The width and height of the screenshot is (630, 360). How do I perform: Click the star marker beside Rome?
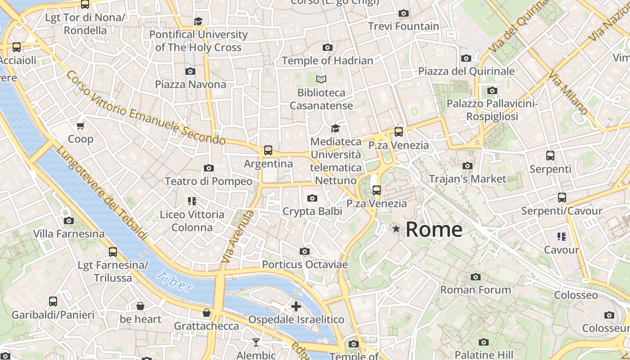tap(396, 229)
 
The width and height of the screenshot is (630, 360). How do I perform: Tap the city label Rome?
tap(434, 229)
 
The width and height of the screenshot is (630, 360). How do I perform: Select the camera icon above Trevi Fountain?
tap(404, 13)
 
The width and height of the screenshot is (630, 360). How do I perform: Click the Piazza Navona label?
tap(190, 84)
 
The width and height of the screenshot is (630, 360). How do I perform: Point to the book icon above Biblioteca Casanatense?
tap(321, 80)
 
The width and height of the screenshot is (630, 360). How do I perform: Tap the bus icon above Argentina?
tap(268, 150)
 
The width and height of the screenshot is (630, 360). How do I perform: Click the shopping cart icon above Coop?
tap(81, 126)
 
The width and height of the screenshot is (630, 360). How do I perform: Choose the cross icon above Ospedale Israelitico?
tap(296, 306)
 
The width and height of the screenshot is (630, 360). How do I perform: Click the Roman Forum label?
tap(476, 290)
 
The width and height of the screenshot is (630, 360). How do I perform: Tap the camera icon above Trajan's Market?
tap(468, 166)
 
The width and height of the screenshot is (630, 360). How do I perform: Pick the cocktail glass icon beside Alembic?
tap(256, 342)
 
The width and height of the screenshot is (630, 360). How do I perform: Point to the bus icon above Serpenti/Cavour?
tap(562, 197)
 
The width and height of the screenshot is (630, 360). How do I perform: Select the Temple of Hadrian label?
tap(328, 60)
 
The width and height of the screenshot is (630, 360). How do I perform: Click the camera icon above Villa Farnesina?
tap(69, 220)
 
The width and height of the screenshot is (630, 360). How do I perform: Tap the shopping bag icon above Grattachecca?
tap(207, 312)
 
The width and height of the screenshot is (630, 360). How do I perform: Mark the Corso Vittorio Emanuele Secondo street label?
tap(145, 108)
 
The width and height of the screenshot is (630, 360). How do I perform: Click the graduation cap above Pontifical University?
tap(198, 21)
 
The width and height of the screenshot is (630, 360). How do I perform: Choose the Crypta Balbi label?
tap(312, 211)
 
